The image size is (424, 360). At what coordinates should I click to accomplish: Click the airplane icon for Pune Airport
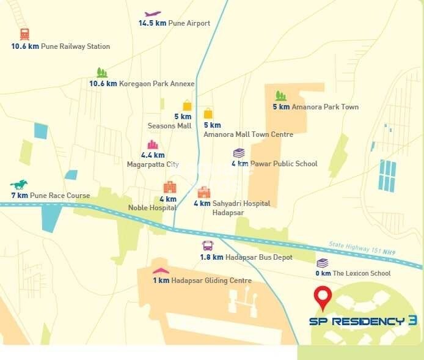(x=153, y=13)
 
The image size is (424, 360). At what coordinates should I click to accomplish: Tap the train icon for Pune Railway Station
(x=24, y=34)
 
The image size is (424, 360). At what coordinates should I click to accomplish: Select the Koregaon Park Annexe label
(x=156, y=84)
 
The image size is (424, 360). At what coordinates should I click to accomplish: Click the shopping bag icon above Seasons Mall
(x=187, y=106)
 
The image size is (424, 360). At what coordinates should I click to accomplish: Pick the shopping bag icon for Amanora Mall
(x=208, y=113)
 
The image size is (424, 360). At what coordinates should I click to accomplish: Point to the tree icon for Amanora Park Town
(x=280, y=95)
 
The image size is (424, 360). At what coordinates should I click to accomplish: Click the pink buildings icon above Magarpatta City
(x=153, y=145)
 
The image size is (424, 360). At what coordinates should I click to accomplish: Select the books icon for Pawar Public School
(x=239, y=153)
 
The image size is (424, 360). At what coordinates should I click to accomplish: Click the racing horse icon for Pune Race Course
(x=18, y=184)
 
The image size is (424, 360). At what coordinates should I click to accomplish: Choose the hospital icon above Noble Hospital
(x=169, y=187)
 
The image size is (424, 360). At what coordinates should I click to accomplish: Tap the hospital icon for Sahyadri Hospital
(x=204, y=192)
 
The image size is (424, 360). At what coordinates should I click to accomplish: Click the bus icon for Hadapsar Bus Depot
(x=208, y=246)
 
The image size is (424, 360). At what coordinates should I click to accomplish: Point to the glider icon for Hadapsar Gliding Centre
(x=160, y=270)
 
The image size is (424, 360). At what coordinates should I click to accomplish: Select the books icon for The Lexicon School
(x=322, y=263)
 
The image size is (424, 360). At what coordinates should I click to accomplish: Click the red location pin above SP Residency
(x=322, y=297)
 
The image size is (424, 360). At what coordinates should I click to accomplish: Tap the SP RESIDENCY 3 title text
(x=363, y=321)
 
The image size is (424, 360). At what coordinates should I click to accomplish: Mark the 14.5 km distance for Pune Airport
(x=153, y=24)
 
